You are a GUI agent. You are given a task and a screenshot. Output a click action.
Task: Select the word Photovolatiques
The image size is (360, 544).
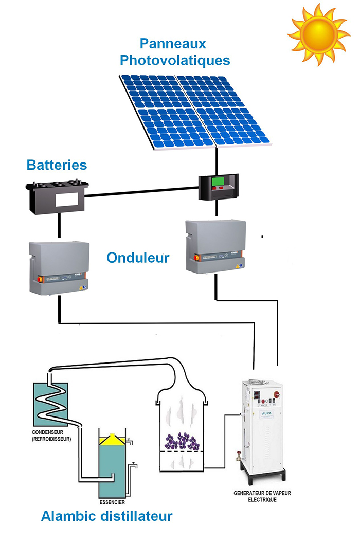(x=174, y=60)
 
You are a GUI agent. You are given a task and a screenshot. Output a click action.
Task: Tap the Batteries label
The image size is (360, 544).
(x=57, y=165)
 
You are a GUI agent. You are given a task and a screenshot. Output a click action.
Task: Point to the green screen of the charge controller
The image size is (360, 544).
(x=220, y=182)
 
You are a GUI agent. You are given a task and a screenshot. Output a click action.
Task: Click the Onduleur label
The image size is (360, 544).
(x=138, y=257)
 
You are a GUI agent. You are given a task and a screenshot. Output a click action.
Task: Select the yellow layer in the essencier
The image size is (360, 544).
(x=111, y=440)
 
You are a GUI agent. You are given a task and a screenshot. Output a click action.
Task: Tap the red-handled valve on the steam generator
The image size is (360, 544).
(x=239, y=455)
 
